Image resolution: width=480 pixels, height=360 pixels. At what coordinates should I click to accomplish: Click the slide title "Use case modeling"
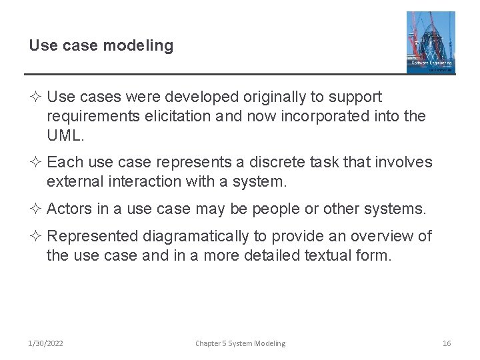click(x=101, y=45)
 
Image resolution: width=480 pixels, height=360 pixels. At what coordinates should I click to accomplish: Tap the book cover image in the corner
click(x=431, y=42)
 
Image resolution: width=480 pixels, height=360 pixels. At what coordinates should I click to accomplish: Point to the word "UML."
click(x=67, y=136)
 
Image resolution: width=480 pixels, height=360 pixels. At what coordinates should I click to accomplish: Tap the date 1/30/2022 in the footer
click(x=46, y=343)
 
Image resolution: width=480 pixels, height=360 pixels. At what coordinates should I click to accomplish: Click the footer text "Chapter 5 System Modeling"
click(x=240, y=343)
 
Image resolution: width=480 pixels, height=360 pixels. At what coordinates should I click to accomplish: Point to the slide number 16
click(x=447, y=343)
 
